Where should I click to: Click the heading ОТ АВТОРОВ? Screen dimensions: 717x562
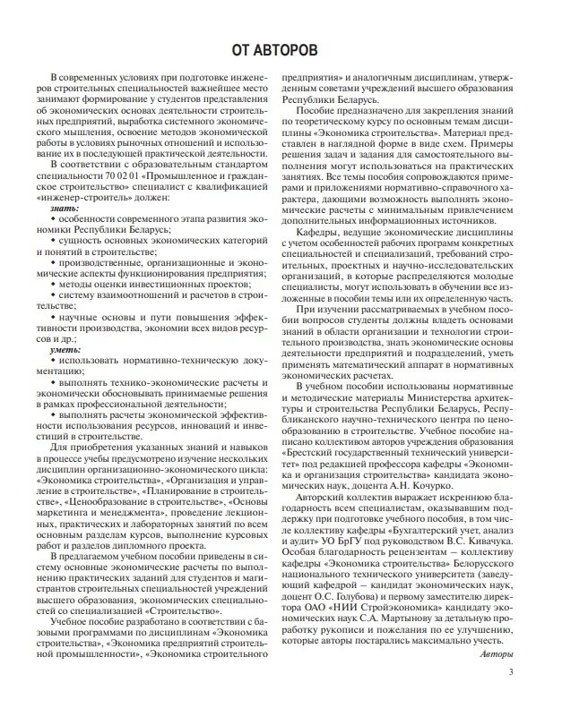click(280, 47)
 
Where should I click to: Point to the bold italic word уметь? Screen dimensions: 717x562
click(66, 350)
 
